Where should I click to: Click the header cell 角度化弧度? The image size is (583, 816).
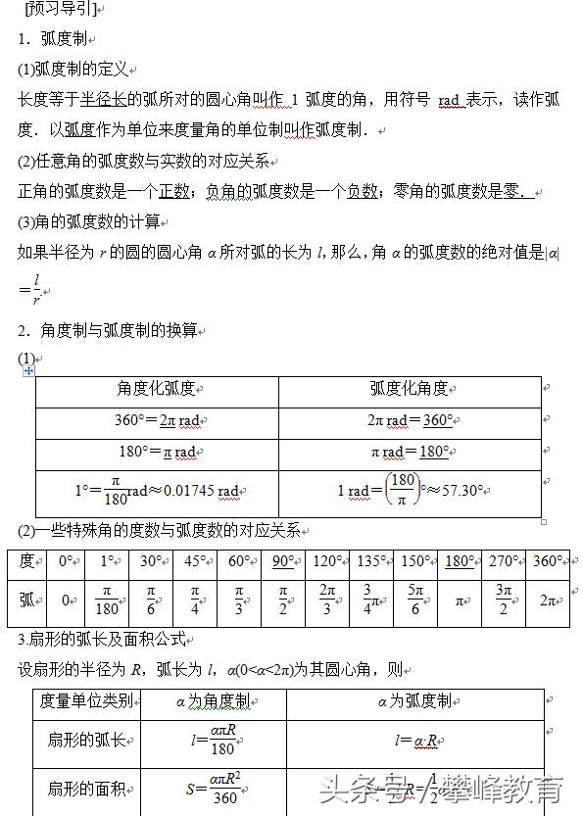[x=156, y=390]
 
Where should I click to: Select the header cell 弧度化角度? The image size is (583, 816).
[x=410, y=390]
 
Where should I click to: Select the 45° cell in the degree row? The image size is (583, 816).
[x=194, y=562]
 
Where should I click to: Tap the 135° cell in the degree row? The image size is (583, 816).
[x=371, y=562]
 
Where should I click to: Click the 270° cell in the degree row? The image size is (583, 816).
[x=504, y=562]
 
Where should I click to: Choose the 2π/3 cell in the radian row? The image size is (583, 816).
[x=327, y=600]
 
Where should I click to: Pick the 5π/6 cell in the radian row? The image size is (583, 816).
[x=415, y=600]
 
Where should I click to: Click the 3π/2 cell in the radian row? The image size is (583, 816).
[x=504, y=600]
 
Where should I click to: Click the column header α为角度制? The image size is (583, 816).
[x=212, y=702]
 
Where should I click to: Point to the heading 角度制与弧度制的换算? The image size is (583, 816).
[x=113, y=330]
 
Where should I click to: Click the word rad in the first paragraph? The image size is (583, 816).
[x=449, y=100]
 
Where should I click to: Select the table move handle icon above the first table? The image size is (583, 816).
[x=28, y=370]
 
